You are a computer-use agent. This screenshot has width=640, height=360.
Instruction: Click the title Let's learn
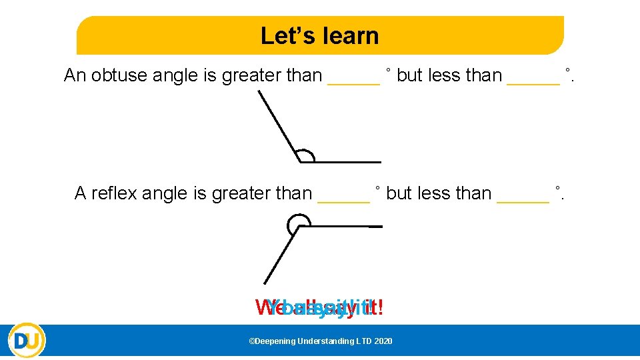(x=319, y=35)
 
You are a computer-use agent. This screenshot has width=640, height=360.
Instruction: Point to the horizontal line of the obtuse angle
(x=347, y=162)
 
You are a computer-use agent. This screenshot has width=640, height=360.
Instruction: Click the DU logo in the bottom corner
(x=27, y=340)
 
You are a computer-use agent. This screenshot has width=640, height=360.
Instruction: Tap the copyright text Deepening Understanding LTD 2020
(x=320, y=341)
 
